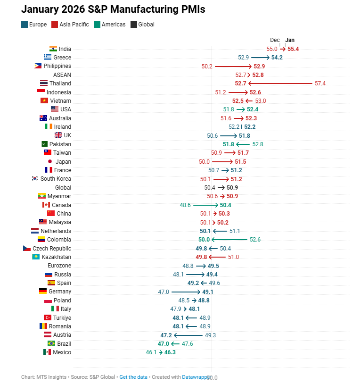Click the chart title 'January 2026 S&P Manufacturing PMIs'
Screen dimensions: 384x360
113,9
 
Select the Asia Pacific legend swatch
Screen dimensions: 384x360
55,24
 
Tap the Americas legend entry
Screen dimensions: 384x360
110,24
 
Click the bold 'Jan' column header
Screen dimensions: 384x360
290,40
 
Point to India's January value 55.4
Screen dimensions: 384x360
293,49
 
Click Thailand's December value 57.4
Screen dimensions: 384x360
320,83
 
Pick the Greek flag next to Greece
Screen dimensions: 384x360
48,58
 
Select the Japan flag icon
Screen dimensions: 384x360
49,161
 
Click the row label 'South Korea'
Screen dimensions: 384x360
56,179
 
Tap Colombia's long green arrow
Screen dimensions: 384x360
229,240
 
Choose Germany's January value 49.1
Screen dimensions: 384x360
208,292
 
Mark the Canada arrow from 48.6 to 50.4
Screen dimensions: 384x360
205,205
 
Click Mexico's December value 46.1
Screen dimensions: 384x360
151,352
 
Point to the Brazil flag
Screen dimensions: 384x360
51,343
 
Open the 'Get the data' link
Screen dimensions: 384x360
133,377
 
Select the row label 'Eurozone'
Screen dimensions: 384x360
59,266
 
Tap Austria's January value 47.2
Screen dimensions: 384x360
166,335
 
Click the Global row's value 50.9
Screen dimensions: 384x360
232,187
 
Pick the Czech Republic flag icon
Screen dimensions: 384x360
26,248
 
